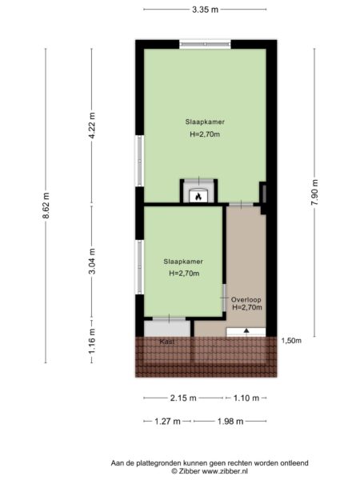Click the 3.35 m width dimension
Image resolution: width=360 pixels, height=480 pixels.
click(x=205, y=10)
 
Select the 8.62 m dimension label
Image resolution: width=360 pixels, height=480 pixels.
click(x=46, y=206)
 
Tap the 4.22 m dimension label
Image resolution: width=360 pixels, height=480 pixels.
click(x=92, y=126)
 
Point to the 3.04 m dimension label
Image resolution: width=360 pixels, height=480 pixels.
click(x=92, y=261)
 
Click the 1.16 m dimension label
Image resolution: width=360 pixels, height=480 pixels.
click(x=92, y=341)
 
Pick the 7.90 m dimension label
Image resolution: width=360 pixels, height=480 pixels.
click(x=314, y=193)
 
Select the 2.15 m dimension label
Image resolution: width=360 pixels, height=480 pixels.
click(x=183, y=398)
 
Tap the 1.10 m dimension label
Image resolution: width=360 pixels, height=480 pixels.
click(x=246, y=398)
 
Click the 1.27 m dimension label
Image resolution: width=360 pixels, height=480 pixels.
click(x=167, y=422)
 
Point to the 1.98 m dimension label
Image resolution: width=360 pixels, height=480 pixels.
click(x=230, y=422)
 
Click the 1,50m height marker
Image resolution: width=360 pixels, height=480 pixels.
click(x=291, y=341)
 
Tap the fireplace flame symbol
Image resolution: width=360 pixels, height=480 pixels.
click(x=198, y=197)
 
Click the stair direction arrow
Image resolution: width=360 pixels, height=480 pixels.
click(x=246, y=330)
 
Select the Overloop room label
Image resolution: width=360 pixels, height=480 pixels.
click(x=246, y=300)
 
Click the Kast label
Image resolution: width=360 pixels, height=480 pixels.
click(x=167, y=342)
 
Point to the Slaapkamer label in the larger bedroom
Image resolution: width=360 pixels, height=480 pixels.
click(x=205, y=122)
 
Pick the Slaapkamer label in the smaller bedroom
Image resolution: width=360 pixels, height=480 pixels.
click(x=183, y=262)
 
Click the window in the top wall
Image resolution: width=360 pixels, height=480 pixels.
click(x=205, y=44)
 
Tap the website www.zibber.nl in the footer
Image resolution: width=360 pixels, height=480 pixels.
click(x=225, y=471)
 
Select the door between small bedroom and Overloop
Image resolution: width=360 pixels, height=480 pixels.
click(x=224, y=298)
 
